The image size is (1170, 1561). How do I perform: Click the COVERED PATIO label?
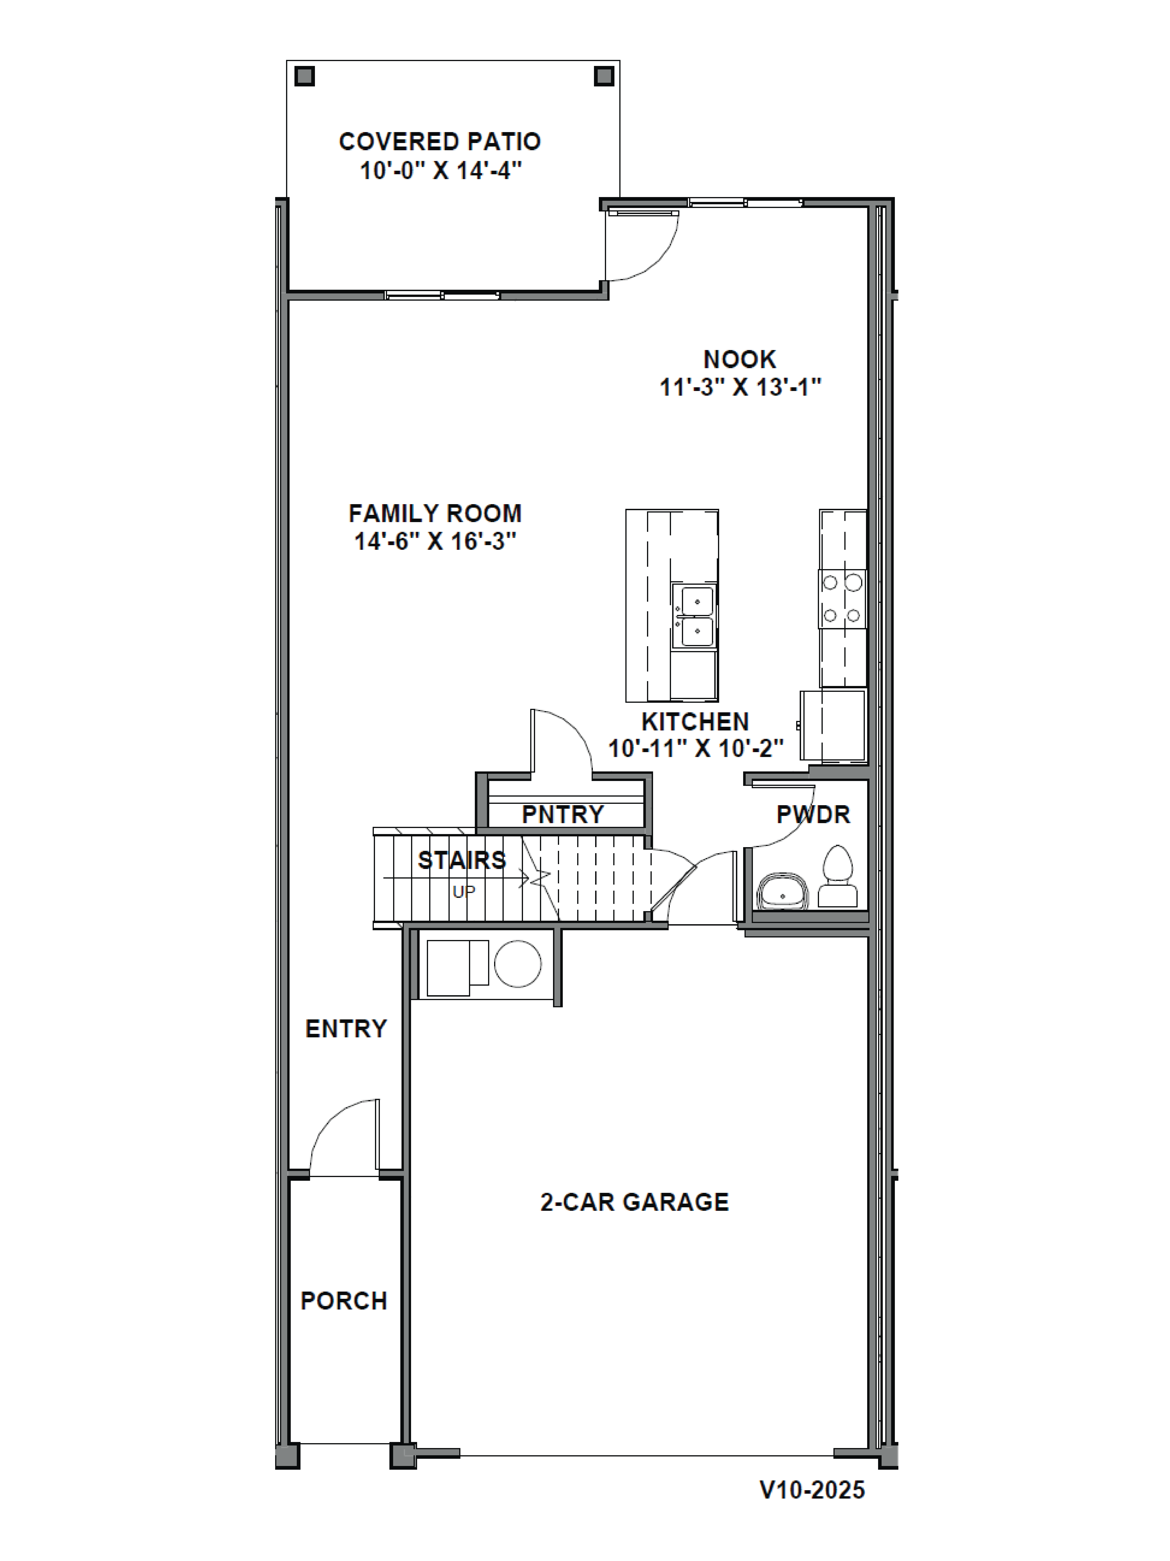[x=439, y=142]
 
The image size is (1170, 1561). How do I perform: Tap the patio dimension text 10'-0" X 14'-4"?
[x=441, y=171]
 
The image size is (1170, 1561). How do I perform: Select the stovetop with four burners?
[x=842, y=598]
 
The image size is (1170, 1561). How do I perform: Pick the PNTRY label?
[x=562, y=814]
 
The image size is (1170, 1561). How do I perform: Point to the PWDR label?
[x=812, y=814]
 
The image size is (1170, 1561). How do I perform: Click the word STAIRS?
[x=462, y=860]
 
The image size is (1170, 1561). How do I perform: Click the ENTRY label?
[x=346, y=1029]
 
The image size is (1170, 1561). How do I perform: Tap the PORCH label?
[x=343, y=1301]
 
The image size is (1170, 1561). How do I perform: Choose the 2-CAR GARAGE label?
[x=634, y=1202]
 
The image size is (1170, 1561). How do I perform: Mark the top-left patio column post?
[x=305, y=76]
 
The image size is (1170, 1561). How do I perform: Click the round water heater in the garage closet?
[x=518, y=963]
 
